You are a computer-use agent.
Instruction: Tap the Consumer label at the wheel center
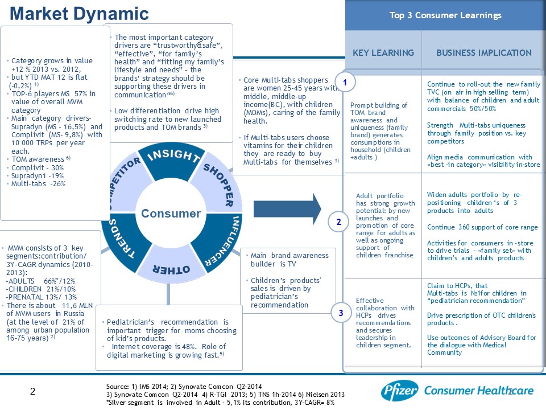pos(171,214)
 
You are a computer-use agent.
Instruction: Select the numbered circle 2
pos(339,222)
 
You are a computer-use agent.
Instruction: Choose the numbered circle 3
pos(340,313)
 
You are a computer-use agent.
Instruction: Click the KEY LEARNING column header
pos(383,53)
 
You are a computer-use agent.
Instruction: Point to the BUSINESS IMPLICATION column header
pos(483,53)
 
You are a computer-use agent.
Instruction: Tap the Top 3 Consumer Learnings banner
pos(445,15)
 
